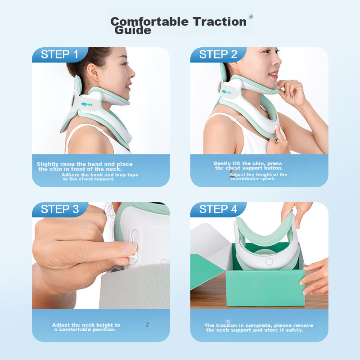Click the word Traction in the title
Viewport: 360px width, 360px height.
click(x=219, y=21)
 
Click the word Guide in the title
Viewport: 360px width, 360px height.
click(x=133, y=31)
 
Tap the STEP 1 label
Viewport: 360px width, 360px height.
click(x=59, y=55)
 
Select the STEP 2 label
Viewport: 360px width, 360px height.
click(x=218, y=55)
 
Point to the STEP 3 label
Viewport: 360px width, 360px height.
click(x=59, y=209)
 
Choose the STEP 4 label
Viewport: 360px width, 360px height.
click(x=218, y=209)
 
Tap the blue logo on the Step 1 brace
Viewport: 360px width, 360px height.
click(x=88, y=103)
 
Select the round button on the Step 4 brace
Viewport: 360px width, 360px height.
click(x=270, y=261)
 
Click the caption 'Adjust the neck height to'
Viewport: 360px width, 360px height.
click(x=86, y=324)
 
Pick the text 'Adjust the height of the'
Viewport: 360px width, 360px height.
click(x=258, y=174)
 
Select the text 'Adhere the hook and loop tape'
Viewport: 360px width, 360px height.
click(x=100, y=175)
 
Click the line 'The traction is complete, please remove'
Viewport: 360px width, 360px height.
click(x=259, y=325)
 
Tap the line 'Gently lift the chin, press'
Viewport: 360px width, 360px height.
click(x=248, y=163)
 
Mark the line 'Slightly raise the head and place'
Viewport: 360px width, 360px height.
click(x=85, y=164)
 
